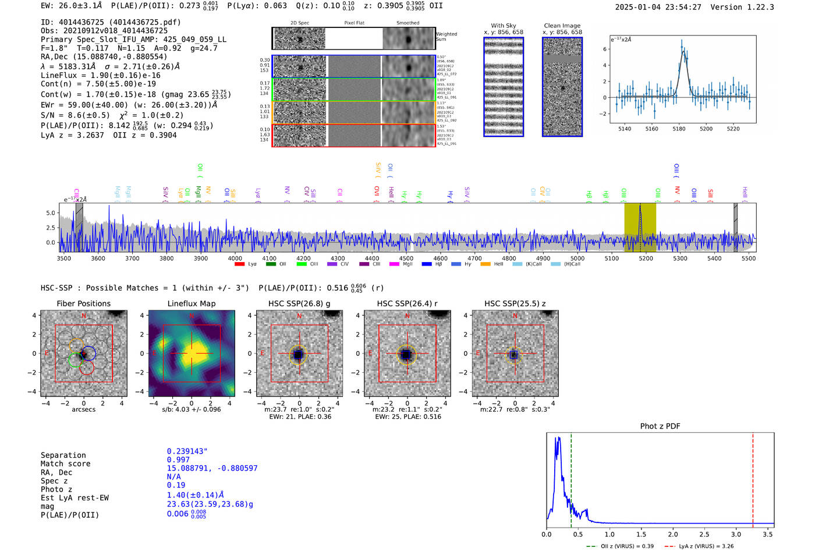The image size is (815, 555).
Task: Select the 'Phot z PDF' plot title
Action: pos(660,426)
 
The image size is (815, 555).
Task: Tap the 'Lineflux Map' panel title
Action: pos(192,303)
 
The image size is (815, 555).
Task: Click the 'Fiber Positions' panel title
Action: pos(83,303)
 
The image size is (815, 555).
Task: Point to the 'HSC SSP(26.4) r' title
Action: pos(407,303)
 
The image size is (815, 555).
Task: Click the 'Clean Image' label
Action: pos(562,26)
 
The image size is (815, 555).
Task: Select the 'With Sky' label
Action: pos(503,26)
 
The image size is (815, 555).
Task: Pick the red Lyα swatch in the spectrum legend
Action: pos(239,264)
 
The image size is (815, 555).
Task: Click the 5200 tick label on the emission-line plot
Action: pos(706,129)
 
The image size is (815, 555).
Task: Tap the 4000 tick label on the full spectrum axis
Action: pos(235,259)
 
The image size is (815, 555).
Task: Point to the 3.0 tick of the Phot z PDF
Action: pos(736,534)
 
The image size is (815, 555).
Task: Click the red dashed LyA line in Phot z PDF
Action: pos(753,478)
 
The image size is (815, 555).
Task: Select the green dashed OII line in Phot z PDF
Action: pos(571,478)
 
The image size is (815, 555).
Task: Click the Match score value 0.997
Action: pos(178,459)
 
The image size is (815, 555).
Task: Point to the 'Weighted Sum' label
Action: pos(447,37)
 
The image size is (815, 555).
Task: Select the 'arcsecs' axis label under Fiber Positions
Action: pos(83,409)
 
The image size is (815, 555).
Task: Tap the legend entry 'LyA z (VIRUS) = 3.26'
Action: pos(706,546)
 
